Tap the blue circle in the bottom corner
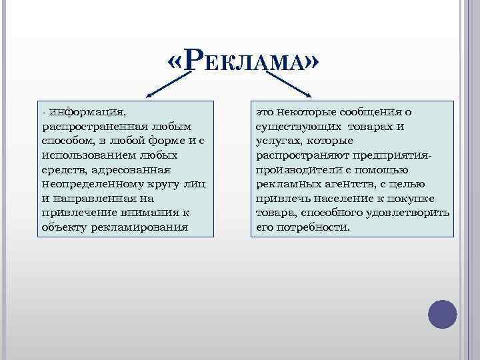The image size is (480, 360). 441,313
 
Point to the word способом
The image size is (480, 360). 64,140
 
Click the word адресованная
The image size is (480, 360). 127,169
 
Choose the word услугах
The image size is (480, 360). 276,140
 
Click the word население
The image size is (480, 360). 340,198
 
